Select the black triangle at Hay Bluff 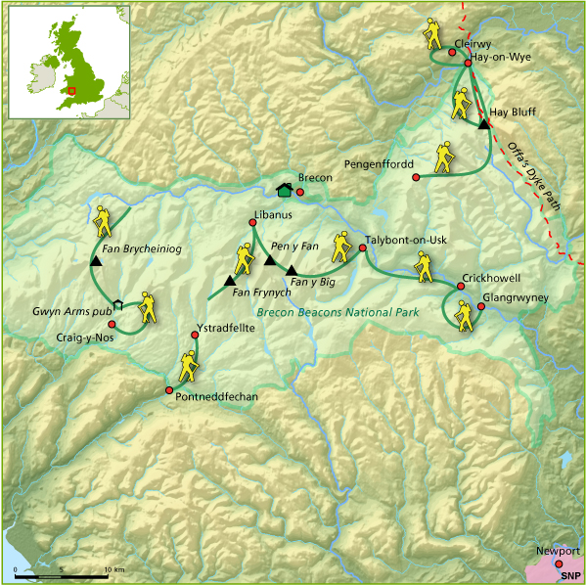point(483,124)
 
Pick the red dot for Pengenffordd point(417,177)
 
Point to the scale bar point(61,570)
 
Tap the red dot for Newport point(559,563)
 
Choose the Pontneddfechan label point(214,396)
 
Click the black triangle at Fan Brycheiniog point(95,262)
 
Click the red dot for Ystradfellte point(195,336)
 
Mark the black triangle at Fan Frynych point(230,282)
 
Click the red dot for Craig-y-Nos point(112,324)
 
